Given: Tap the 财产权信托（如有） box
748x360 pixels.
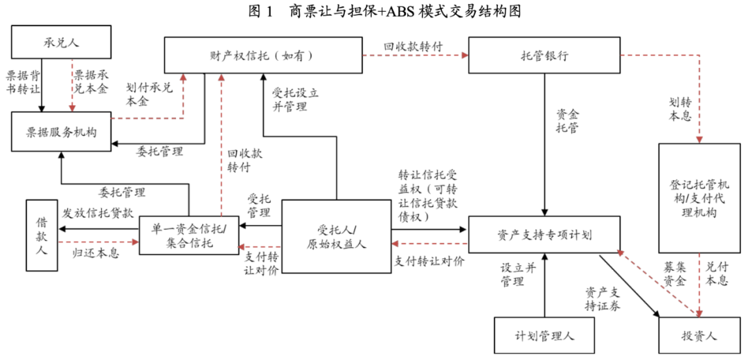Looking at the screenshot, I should tap(263, 55).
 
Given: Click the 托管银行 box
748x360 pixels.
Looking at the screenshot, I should tap(544, 55).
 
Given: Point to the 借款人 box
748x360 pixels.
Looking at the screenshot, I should tap(42, 235).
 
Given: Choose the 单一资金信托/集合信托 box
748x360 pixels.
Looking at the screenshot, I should tap(188, 235).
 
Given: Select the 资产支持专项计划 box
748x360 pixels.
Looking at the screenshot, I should tap(544, 234).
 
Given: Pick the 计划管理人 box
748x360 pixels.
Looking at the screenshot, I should tap(545, 336).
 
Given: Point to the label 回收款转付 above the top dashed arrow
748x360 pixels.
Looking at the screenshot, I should tap(413, 47).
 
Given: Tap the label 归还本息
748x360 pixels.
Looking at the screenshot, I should tap(96, 253).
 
